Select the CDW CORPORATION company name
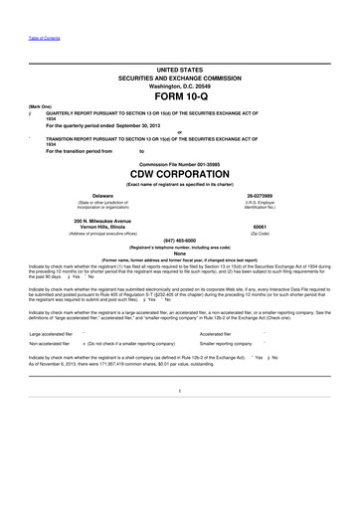pyautogui.click(x=179, y=201)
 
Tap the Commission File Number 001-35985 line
pyautogui.click(x=180, y=189)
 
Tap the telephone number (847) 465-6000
pyautogui.click(x=180, y=267)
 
